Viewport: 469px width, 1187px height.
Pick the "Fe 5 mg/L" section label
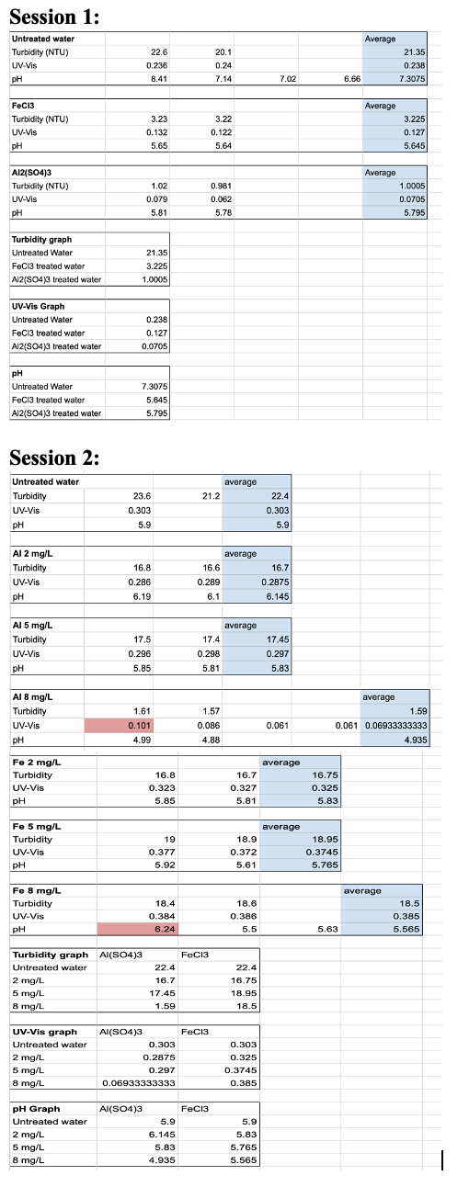(36, 827)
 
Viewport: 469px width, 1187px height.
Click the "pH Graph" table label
(35, 1108)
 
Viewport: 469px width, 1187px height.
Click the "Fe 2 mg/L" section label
(36, 762)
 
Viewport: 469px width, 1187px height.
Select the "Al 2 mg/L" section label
(32, 554)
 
